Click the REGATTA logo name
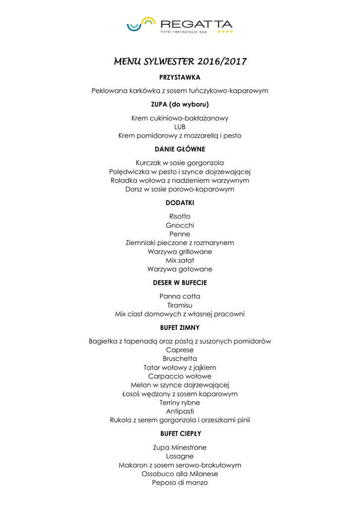pos(197,24)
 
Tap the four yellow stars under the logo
pos(225,32)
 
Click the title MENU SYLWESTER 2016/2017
pos(180,62)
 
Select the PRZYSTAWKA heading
pos(180,77)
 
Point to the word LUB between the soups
pos(180,127)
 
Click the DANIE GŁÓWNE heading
pos(180,149)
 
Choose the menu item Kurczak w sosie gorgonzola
pos(180,163)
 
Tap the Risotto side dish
pos(180,216)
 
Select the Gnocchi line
pos(180,225)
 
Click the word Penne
pos(180,234)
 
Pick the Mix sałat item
pos(180,260)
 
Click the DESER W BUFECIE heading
pos(180,283)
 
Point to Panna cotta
pos(180,296)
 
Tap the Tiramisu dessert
pos(180,305)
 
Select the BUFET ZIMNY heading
pos(180,327)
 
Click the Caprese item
pos(180,350)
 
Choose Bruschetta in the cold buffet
pos(180,359)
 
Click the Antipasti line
pos(180,411)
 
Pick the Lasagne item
pos(180,456)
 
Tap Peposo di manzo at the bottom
pos(180,483)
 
